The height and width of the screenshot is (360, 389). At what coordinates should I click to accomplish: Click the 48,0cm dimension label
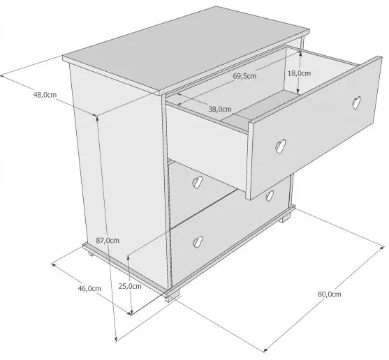pyautogui.click(x=45, y=95)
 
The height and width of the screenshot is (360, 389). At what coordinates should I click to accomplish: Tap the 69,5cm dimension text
pyautogui.click(x=244, y=76)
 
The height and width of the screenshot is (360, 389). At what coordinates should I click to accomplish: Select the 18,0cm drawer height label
pyautogui.click(x=299, y=73)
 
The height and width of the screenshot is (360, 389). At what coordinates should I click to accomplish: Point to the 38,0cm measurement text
pyautogui.click(x=220, y=109)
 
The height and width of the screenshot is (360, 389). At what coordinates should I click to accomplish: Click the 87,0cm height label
pyautogui.click(x=108, y=240)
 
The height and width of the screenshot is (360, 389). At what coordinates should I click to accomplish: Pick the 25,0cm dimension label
pyautogui.click(x=130, y=286)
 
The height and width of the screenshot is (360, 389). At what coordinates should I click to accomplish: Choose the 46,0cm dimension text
pyautogui.click(x=89, y=288)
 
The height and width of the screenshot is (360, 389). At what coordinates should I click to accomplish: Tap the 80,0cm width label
pyautogui.click(x=330, y=294)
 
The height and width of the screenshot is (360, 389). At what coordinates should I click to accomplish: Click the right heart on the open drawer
pyautogui.click(x=356, y=103)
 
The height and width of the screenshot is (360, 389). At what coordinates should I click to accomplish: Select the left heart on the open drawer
pyautogui.click(x=281, y=147)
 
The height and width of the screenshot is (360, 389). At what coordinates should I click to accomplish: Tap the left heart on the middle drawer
pyautogui.click(x=198, y=182)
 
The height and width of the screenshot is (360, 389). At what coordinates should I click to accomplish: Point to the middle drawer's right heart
pyautogui.click(x=270, y=196)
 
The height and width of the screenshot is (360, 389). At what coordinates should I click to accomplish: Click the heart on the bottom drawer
pyautogui.click(x=198, y=241)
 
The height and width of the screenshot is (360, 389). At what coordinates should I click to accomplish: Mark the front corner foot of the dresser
pyautogui.click(x=173, y=295)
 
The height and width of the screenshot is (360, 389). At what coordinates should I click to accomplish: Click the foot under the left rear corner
pyautogui.click(x=91, y=254)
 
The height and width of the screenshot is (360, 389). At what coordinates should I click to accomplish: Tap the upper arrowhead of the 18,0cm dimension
pyautogui.click(x=300, y=53)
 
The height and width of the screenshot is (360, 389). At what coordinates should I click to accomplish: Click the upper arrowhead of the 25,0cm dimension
pyautogui.click(x=129, y=257)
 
